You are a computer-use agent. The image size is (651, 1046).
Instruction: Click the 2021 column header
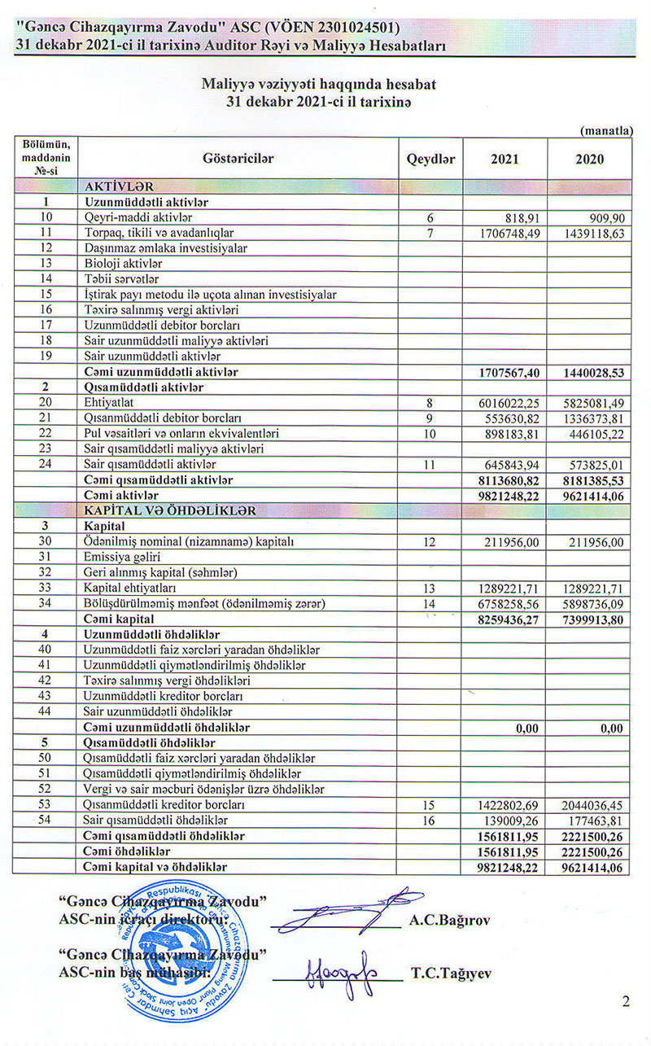505,159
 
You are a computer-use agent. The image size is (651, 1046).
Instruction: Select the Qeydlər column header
430,159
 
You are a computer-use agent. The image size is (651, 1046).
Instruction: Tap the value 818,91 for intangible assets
522,218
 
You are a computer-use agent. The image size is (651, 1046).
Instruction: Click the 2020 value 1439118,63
592,233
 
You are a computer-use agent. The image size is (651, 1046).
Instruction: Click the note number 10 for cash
430,432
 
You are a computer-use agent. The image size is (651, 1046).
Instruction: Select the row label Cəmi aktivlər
120,495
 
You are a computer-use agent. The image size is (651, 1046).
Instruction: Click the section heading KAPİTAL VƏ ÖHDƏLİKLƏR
170,510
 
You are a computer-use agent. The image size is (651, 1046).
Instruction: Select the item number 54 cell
46,820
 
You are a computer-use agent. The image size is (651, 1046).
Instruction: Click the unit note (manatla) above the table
606,130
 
